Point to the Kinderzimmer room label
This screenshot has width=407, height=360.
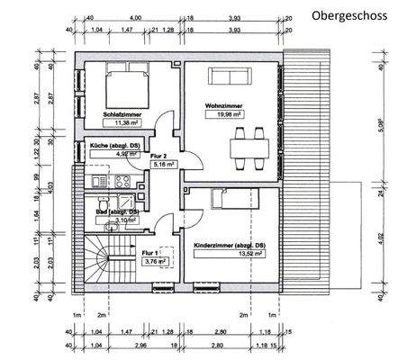click(229, 244)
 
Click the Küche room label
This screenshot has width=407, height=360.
click(112, 145)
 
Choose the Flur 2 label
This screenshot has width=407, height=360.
click(161, 156)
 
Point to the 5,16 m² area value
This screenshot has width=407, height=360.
click(162, 165)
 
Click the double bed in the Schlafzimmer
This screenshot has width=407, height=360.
click(124, 85)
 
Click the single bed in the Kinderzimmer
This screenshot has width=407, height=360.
click(231, 198)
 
